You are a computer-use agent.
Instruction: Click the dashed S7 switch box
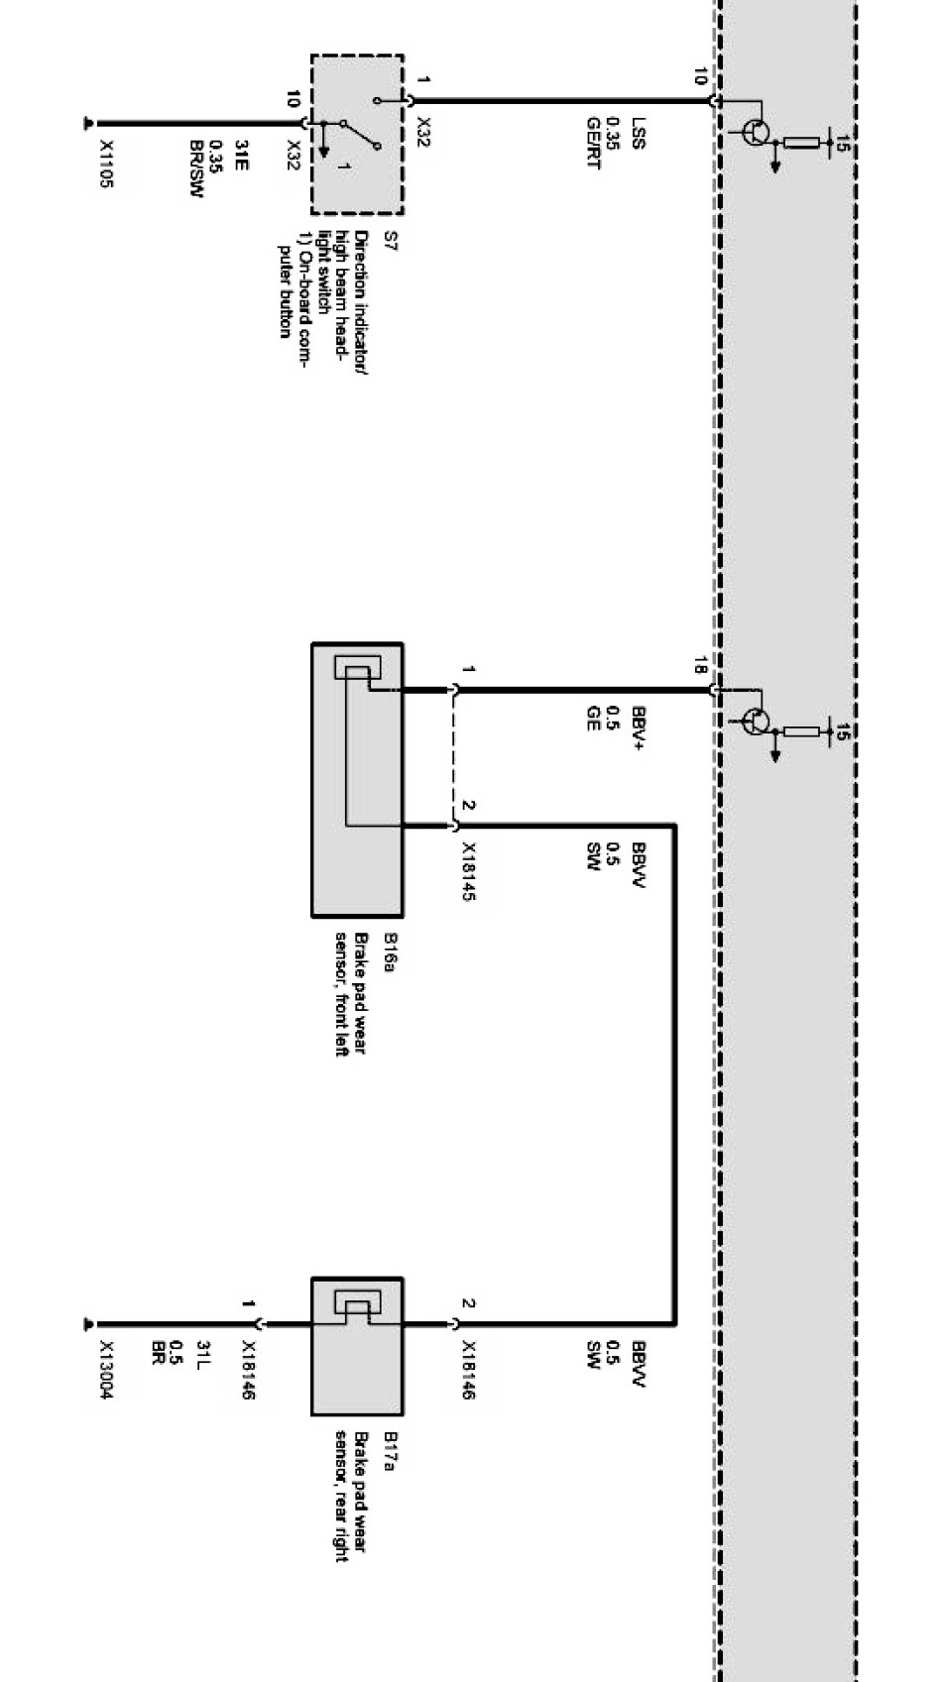(x=357, y=134)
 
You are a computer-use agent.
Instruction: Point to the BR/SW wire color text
(x=195, y=168)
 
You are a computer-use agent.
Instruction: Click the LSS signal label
(x=638, y=133)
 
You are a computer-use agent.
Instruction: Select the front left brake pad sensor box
(x=357, y=779)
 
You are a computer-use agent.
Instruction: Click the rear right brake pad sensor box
(x=357, y=1345)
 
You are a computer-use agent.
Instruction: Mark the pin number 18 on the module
(x=700, y=665)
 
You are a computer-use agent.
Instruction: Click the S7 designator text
(x=390, y=240)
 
